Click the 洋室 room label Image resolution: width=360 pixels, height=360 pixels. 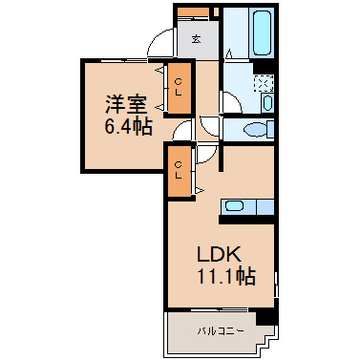point(126,104)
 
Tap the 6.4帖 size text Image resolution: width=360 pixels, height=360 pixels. point(128,126)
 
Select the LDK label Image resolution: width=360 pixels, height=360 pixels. point(218,254)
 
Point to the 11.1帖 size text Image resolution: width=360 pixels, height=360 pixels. point(226,276)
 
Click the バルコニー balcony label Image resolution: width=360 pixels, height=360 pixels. point(221,331)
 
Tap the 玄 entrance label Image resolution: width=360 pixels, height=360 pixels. point(196,39)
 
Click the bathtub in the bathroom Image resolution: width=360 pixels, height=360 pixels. point(263,32)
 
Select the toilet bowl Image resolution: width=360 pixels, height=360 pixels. point(256,130)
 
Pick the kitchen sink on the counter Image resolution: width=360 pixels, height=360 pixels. point(234,206)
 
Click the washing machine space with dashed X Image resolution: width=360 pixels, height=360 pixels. point(264,84)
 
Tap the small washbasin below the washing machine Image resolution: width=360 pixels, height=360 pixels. point(267,102)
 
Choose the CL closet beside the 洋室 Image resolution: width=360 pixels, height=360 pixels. point(179,88)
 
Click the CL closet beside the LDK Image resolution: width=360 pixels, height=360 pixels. point(179,170)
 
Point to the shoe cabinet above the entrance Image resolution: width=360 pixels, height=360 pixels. point(193,12)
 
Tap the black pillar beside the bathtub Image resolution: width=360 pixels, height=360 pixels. point(264,66)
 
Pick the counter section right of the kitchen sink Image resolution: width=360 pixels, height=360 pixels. point(265,207)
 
